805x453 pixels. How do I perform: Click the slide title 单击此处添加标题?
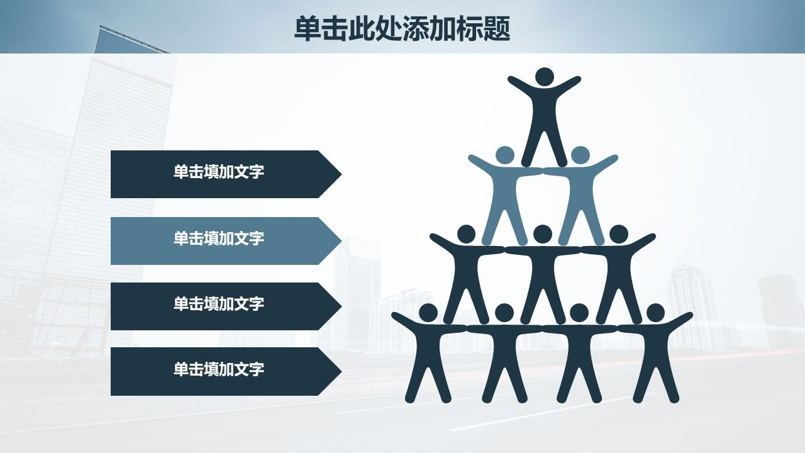tap(402, 29)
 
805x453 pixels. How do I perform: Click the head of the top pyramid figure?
tap(545, 77)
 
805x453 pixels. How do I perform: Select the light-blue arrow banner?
tap(226, 241)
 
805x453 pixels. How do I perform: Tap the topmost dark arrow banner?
tap(226, 174)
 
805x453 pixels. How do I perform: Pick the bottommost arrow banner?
tap(226, 371)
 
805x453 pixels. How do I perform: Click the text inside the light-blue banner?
tap(219, 238)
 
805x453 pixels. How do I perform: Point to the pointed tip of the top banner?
tap(341, 174)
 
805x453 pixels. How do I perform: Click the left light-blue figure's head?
tap(505, 155)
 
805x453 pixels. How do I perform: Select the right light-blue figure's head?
tap(580, 155)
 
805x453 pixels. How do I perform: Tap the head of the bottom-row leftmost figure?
tap(428, 313)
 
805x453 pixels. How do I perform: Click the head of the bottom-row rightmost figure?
tap(655, 313)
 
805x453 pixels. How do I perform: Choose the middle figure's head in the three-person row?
tap(543, 234)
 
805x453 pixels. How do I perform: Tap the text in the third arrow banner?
tap(219, 304)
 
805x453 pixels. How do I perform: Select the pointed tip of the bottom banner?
tap(341, 371)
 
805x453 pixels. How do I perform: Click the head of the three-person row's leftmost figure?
tap(466, 234)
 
